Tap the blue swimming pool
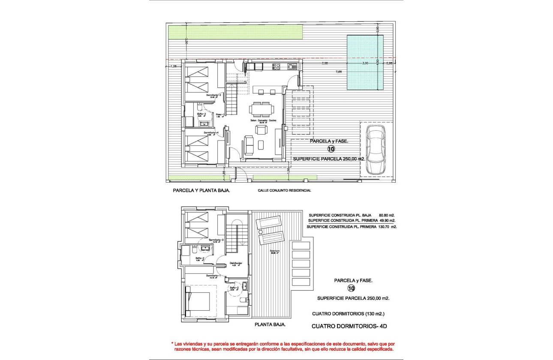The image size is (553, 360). pyautogui.click(x=364, y=63)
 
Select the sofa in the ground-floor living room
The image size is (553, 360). pyautogui.click(x=249, y=145)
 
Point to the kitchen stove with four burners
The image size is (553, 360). pyautogui.click(x=276, y=66)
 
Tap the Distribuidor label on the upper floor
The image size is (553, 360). pyautogui.click(x=237, y=263)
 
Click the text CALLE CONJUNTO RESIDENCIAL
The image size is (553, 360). pyautogui.click(x=284, y=190)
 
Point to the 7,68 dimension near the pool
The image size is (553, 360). pyautogui.click(x=339, y=72)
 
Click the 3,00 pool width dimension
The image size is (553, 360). pyautogui.click(x=365, y=63)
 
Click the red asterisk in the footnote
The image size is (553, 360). pyautogui.click(x=172, y=344)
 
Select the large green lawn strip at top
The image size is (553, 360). pyautogui.click(x=235, y=32)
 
